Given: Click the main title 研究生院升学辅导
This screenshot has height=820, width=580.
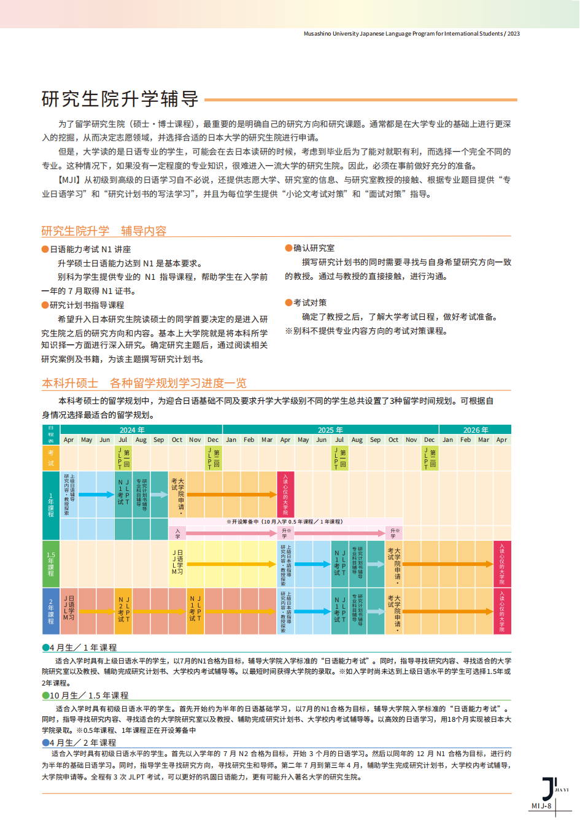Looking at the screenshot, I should (120, 98).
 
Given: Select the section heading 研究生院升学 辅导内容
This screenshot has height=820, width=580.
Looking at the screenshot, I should (104, 231).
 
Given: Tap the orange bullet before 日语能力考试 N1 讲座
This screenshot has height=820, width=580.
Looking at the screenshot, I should (45, 249).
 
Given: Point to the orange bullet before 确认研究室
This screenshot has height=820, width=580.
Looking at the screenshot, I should (288, 248).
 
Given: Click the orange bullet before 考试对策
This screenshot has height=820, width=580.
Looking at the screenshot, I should (288, 303).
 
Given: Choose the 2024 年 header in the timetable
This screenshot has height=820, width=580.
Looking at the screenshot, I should (132, 430).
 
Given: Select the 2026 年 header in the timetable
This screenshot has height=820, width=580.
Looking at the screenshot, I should (476, 430).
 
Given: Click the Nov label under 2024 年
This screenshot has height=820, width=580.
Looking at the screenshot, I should (195, 439).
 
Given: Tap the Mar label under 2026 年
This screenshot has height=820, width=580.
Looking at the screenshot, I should (484, 439).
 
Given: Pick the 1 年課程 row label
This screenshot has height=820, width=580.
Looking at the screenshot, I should (51, 505).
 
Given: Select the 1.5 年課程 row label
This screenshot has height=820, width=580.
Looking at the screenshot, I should (51, 563).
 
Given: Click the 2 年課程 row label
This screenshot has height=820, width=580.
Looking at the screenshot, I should (51, 611).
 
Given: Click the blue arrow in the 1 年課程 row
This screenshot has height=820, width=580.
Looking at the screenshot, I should (96, 494).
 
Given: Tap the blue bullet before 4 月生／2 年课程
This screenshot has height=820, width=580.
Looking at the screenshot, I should (45, 743).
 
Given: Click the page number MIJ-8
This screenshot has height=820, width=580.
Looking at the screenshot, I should (541, 806).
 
